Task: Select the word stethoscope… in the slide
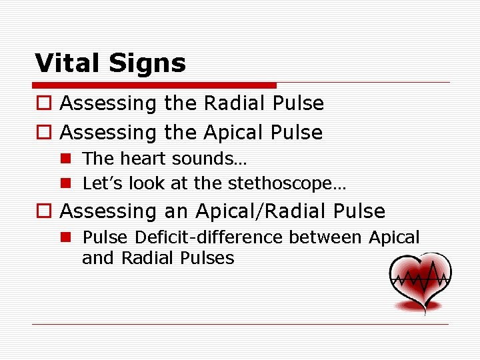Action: tap(287, 183)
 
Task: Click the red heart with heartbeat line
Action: tap(421, 281)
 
